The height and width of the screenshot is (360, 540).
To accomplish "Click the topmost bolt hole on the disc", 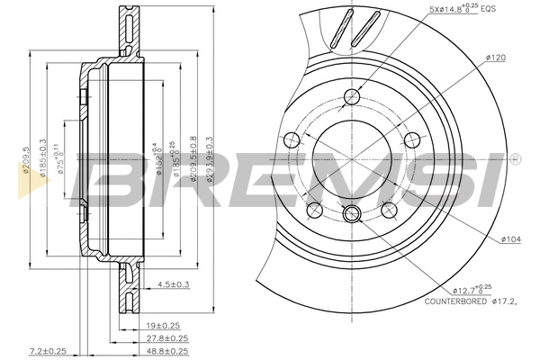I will [351, 96].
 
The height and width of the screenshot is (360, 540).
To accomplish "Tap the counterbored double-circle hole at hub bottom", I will [353, 213].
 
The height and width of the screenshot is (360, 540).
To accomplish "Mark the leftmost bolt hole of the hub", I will [291, 139].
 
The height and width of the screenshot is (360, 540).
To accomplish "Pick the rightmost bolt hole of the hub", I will [412, 139].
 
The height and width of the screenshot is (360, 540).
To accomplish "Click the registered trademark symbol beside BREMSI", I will [514, 159].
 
